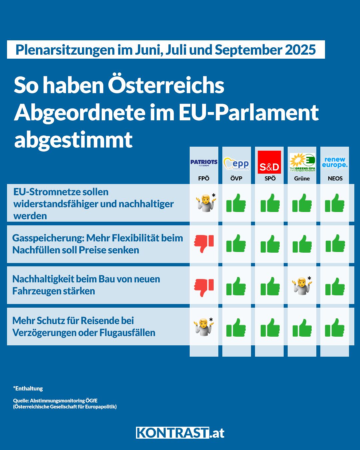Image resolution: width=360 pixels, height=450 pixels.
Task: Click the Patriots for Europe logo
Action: point(204,162)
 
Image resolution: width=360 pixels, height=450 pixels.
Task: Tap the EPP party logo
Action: point(236,163)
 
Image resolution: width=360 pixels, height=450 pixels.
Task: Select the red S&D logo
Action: point(269,162)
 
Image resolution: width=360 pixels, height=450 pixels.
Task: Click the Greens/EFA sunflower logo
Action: point(302,162)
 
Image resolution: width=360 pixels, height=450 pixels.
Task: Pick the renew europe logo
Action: point(335,162)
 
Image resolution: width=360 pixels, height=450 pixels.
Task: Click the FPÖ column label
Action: point(204,178)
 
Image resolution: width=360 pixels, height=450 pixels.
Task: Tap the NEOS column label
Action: point(335,178)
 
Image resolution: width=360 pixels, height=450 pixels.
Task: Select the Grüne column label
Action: point(302,178)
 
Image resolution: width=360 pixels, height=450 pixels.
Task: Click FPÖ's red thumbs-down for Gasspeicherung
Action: point(204,243)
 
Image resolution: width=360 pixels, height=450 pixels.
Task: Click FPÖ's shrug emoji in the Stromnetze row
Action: point(205,203)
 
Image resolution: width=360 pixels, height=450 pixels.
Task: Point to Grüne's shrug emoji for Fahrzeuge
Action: point(302,286)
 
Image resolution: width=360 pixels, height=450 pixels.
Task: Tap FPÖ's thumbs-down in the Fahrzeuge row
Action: point(204,287)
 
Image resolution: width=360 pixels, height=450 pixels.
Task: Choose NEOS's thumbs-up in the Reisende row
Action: point(335,327)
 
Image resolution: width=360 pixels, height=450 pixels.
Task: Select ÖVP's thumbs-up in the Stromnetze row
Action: point(236,203)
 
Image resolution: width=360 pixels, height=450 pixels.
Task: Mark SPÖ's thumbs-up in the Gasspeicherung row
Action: point(270,244)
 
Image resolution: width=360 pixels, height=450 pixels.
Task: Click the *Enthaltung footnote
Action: point(28,388)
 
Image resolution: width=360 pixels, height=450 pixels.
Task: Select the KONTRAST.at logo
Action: point(180,433)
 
